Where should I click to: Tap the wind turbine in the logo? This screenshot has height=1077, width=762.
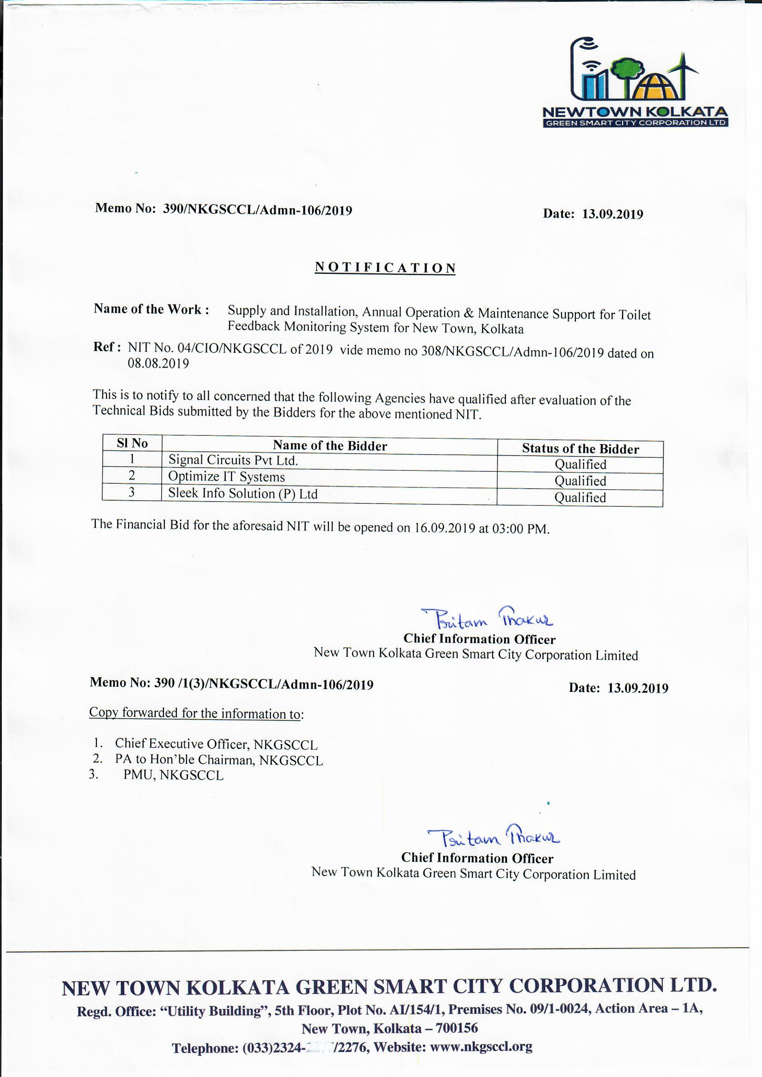683,70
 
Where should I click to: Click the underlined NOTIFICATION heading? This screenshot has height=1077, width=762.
385,268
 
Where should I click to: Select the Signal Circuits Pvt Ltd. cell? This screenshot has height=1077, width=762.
233,460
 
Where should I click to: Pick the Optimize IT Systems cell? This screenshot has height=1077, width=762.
227,477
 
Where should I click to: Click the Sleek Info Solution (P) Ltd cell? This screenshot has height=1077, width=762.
243,493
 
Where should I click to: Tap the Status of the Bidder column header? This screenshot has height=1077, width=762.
580,449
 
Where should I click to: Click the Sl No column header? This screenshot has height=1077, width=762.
132,443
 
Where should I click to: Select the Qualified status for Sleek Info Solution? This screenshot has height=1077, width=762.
580,497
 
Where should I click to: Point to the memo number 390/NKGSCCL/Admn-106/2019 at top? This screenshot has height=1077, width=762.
257,210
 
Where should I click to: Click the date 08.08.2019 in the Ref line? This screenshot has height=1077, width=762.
158,363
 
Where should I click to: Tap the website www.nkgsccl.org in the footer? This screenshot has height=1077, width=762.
481,1047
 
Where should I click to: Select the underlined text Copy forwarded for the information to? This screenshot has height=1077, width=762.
195,713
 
